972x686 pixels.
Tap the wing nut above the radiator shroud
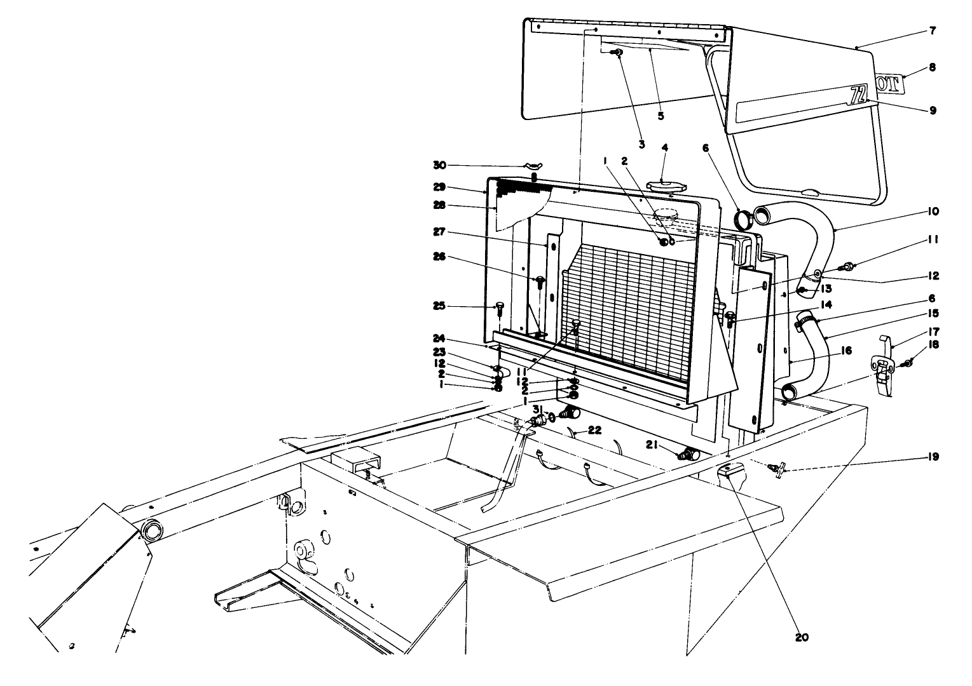[x=534, y=166]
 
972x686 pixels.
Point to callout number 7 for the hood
[x=932, y=30]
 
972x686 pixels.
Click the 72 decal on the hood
[x=858, y=95]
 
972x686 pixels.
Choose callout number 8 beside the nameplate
[x=932, y=67]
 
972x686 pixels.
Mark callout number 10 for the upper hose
[x=933, y=211]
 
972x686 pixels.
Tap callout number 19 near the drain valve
[x=933, y=457]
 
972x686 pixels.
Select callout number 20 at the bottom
[x=802, y=637]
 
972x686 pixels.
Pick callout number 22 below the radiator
[x=594, y=430]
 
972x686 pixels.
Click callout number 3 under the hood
[x=641, y=145]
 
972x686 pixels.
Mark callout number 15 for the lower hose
[x=933, y=313]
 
